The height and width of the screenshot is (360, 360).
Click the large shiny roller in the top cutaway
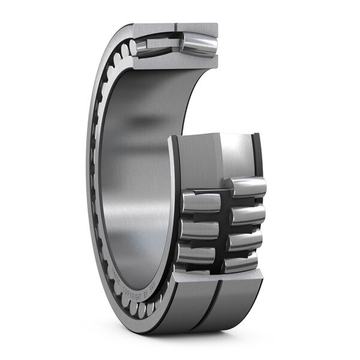[x=199, y=46]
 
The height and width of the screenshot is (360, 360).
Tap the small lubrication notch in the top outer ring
[x=176, y=26]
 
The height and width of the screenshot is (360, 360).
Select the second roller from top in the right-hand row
[x=247, y=214]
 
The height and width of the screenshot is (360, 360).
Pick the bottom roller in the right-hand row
[x=241, y=262]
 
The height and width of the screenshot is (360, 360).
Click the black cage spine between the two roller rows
[x=224, y=228]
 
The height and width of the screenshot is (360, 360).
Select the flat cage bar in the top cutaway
[x=162, y=44]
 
